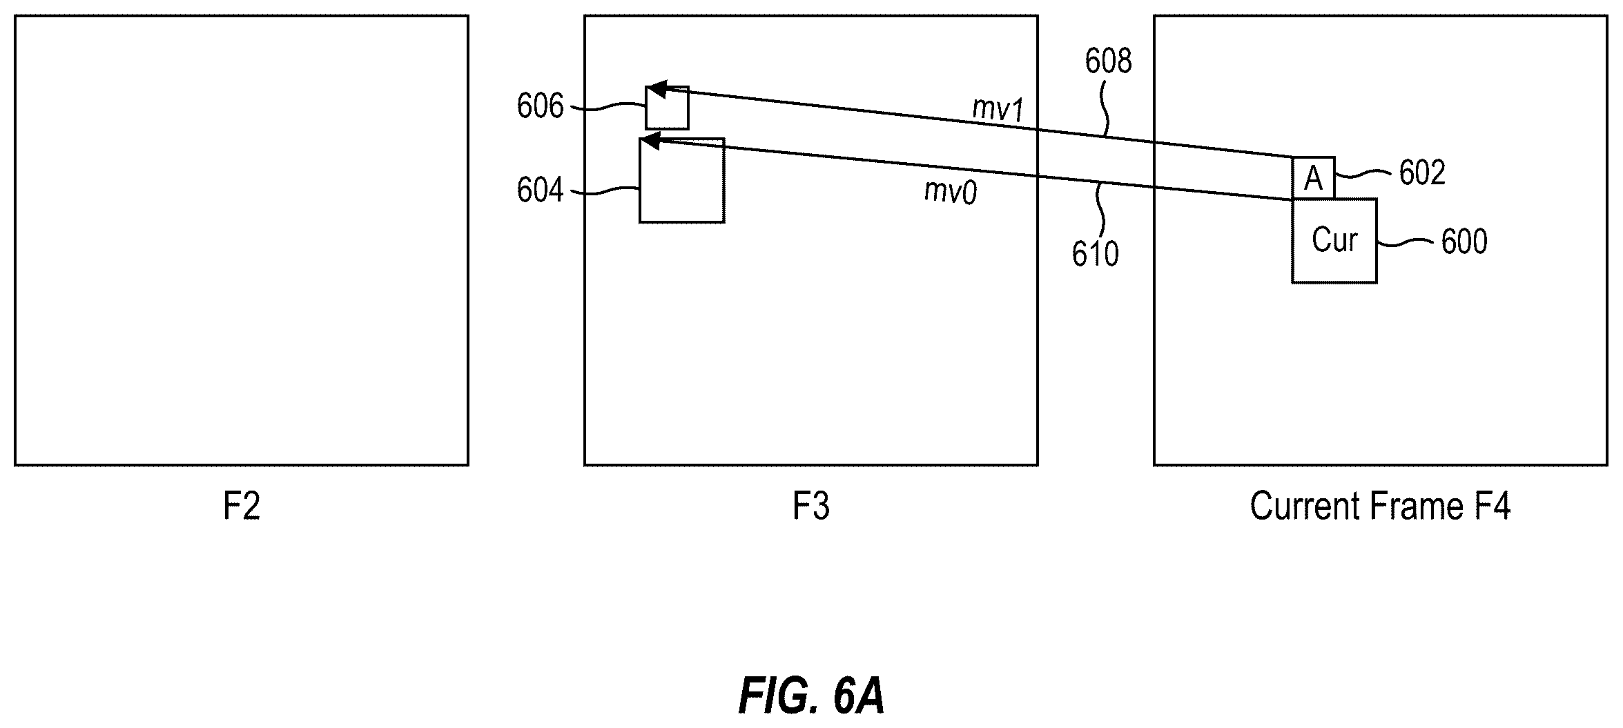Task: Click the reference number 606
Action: (x=541, y=107)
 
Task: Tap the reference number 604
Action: (x=541, y=190)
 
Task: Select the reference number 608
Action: (x=1109, y=61)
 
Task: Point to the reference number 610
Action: (x=1096, y=254)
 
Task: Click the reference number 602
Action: (x=1422, y=173)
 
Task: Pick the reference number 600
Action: (x=1464, y=242)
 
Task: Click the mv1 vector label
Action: (x=998, y=109)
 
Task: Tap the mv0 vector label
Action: (x=951, y=192)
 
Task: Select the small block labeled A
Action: (x=1313, y=178)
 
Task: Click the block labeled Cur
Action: (x=1334, y=241)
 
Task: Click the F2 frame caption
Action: (x=242, y=506)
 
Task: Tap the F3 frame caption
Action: (x=811, y=506)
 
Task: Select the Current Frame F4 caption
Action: (x=1381, y=506)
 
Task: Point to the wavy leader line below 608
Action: (x=1107, y=107)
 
